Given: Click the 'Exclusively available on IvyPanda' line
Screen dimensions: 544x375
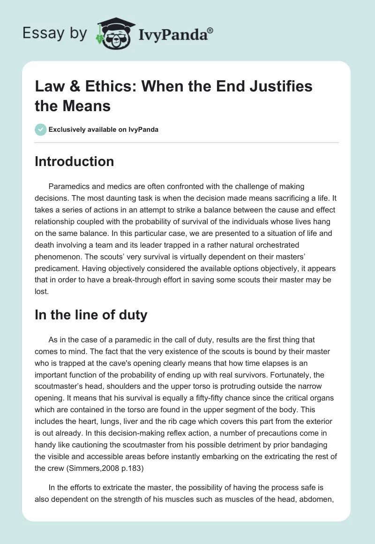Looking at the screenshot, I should click(103, 129).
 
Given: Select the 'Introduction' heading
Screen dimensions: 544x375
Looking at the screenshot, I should click(74, 161).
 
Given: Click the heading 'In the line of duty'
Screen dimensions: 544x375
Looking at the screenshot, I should click(91, 315).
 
